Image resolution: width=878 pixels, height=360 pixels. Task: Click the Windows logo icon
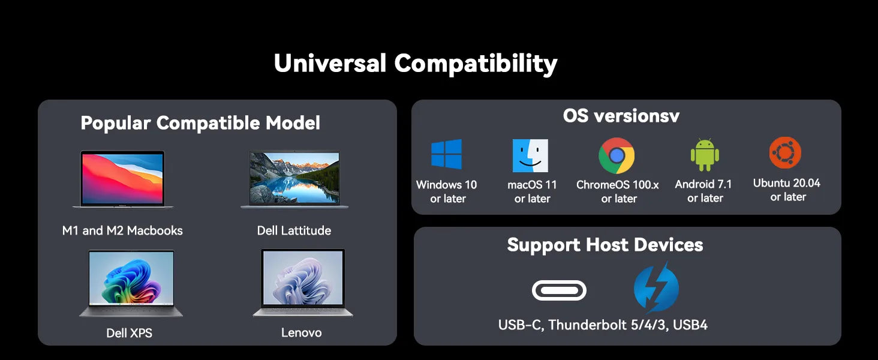[446, 154]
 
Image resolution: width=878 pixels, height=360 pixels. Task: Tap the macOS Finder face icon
[530, 155]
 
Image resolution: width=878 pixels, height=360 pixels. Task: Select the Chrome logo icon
[617, 155]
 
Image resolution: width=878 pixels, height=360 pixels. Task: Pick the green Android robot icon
[705, 155]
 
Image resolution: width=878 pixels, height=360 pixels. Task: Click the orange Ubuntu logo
[785, 152]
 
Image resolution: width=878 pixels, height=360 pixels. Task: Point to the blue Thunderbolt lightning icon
[656, 287]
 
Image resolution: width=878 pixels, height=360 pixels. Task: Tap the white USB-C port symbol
[559, 290]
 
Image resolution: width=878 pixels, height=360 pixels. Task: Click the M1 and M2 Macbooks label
[122, 230]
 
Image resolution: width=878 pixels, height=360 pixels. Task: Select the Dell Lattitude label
[294, 230]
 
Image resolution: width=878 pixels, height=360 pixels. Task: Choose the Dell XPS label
[130, 333]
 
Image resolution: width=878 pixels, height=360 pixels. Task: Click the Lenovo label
[302, 332]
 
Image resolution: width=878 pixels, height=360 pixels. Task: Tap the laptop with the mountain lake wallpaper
[294, 179]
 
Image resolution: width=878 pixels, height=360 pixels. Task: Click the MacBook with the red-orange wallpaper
[123, 179]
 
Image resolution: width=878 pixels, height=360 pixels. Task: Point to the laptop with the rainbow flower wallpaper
[131, 283]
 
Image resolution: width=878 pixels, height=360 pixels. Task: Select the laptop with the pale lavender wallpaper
[303, 283]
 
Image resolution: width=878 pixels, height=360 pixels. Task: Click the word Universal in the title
[330, 63]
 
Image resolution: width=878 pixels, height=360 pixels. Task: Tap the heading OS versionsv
[621, 116]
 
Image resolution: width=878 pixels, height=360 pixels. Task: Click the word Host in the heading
[609, 245]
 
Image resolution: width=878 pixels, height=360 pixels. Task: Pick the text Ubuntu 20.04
[787, 183]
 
